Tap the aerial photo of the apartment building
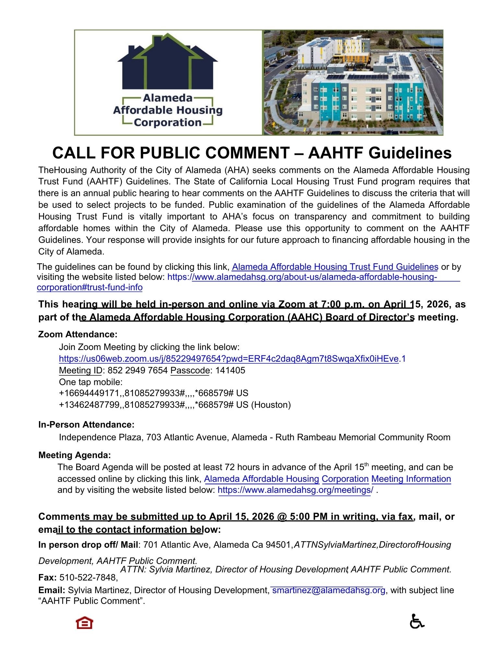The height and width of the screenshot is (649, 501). pos(353,82)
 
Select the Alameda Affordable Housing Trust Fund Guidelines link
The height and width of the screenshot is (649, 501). pos(335,267)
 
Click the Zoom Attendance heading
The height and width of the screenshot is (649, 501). pos(78,334)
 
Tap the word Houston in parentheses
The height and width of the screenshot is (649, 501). pos(271,405)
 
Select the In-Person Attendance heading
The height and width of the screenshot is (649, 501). pos(86,424)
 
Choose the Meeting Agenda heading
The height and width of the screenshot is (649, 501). pos(75,455)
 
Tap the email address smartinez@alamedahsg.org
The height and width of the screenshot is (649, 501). pos(328,590)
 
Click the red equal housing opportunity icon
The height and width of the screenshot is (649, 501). pos(84,622)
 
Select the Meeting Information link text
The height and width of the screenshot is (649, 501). pos(411,479)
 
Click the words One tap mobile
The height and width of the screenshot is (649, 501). pos(91,382)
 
